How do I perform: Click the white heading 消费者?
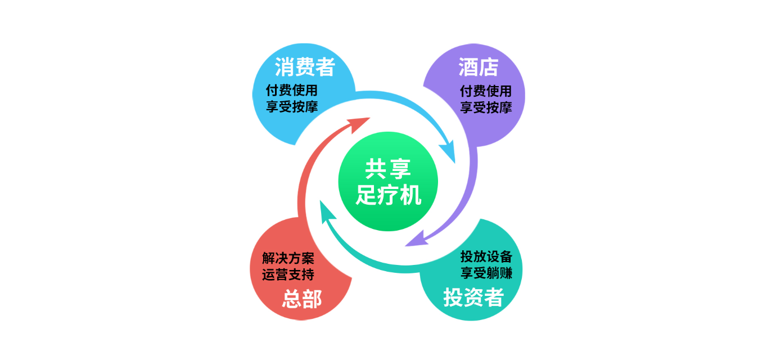305,67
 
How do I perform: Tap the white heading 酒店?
479,67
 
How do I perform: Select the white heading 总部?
302,299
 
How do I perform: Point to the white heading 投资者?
473,298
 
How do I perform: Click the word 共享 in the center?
388,169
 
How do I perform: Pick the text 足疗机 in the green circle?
389,195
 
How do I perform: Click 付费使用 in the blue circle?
292,91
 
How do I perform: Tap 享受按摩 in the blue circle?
292,106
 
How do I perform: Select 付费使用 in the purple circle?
486,91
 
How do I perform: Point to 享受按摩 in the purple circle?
486,107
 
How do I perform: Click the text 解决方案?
288,258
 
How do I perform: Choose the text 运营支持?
288,274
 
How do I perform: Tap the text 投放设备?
486,256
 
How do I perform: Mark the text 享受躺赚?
486,273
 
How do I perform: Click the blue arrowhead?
449,151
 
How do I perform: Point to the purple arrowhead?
416,240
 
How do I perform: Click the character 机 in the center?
410,195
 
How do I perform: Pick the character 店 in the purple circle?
489,67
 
